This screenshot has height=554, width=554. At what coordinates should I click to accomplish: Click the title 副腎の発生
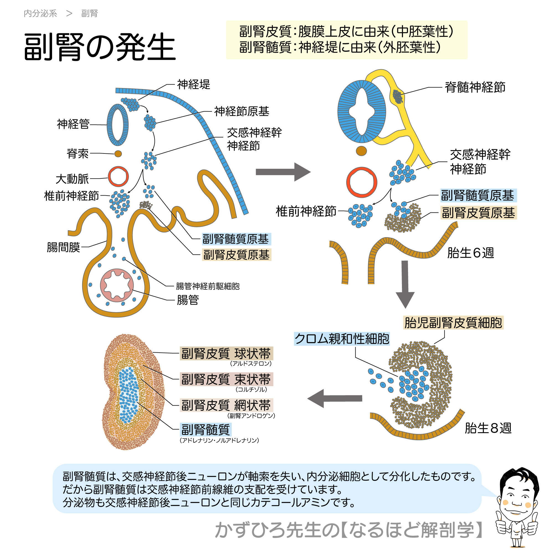pos(99,47)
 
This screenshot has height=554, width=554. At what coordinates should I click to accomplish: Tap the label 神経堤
pos(194,84)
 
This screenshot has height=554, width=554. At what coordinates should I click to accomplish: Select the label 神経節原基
pos(242,111)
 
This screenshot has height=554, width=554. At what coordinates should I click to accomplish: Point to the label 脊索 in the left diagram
pos(78,154)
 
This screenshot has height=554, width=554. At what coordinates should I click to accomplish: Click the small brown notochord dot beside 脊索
pos(118,154)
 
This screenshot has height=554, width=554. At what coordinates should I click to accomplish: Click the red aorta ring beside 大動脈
pos(118,177)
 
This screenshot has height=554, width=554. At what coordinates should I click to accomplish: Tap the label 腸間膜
pos(63,247)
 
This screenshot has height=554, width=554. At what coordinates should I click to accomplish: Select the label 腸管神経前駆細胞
pos(207,286)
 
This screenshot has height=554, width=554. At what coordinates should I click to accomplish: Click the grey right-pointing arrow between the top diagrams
pos(283,172)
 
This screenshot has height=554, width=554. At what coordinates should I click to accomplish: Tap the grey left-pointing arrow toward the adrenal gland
pos(334,398)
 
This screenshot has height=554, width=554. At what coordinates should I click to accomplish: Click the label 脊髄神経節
pos(475,87)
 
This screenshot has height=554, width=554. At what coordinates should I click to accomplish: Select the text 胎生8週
pos(488,428)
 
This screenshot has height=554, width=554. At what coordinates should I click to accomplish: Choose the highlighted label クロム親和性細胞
pos(342,339)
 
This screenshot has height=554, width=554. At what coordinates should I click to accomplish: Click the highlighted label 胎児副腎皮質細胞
pos(453,323)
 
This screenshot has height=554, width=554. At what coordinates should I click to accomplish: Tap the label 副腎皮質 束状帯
pos(226,379)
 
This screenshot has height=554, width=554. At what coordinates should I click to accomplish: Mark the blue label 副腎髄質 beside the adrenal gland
pos(206,429)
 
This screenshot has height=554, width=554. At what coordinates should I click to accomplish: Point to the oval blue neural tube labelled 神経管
pos(117,125)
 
